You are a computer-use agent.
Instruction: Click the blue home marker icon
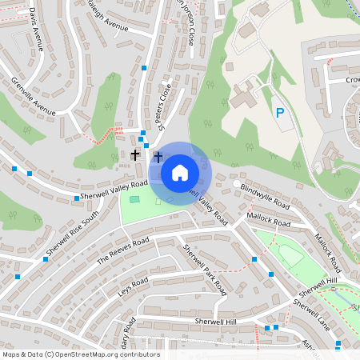(180, 172)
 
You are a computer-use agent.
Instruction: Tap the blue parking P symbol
(279, 114)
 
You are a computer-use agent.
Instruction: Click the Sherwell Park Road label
(205, 270)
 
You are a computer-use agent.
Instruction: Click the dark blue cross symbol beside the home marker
(158, 157)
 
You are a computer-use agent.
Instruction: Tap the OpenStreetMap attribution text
(80, 354)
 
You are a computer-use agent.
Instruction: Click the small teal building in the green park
(134, 199)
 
